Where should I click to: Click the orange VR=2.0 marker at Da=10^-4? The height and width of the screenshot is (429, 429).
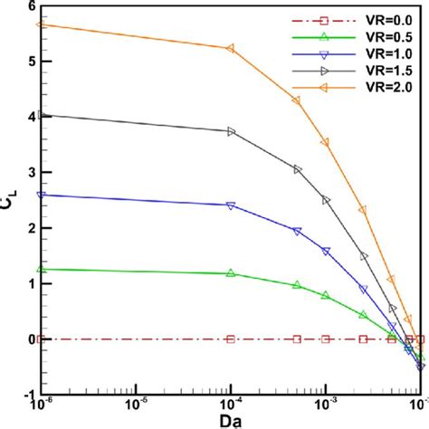click(231, 48)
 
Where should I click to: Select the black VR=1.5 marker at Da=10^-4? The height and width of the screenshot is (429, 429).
click(231, 131)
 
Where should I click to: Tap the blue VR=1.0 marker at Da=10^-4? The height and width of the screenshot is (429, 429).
click(231, 205)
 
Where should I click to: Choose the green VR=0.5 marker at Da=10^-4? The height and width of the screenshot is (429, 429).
click(231, 272)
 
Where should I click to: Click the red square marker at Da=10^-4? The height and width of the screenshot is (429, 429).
click(231, 339)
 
